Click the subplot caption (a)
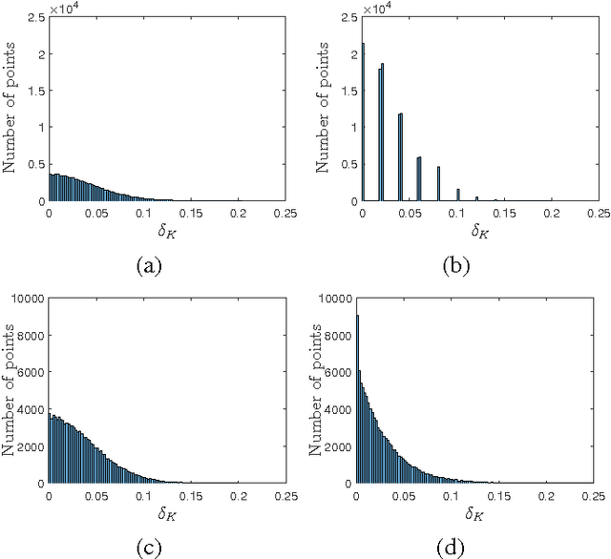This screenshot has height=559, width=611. (147, 267)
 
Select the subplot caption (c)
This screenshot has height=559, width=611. (147, 547)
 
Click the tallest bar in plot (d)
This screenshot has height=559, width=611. (357, 401)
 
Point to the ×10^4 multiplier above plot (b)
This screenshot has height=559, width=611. (374, 10)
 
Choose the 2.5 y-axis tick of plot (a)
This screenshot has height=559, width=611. (34, 17)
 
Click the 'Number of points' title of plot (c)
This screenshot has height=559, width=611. (10, 391)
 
